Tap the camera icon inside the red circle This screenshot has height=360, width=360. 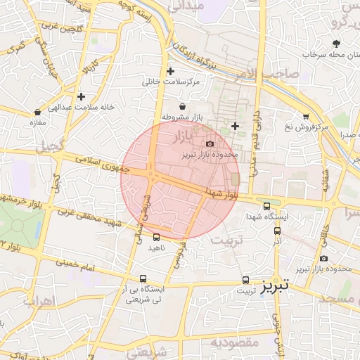click(209, 143)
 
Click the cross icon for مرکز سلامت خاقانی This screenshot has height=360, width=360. click(170, 71)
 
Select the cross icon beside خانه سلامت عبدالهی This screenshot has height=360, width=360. click(82, 96)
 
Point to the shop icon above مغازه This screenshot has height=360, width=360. click(37, 112)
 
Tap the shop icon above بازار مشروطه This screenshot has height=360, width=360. click(183, 105)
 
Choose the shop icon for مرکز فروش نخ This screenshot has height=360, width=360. click(306, 116)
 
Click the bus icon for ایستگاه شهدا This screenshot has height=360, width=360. click(266, 206)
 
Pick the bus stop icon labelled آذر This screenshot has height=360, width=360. click(277, 230)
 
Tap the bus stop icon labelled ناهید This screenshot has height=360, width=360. click(156, 237)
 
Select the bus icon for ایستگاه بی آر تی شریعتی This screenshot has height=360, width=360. click(143, 278)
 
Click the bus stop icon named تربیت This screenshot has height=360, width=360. click(245, 280)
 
